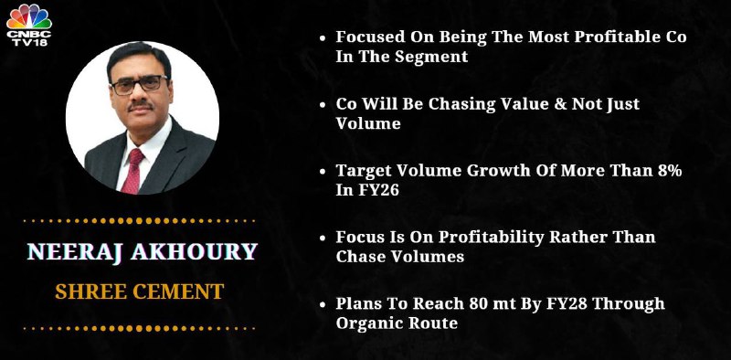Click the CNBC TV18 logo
[x=29, y=25]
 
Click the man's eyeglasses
[x=139, y=85]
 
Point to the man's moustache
[x=141, y=107]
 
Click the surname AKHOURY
[x=194, y=252]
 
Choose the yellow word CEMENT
[x=178, y=291]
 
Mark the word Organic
[x=367, y=323]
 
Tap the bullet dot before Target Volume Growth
[x=323, y=171]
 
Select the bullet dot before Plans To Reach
[x=323, y=304]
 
